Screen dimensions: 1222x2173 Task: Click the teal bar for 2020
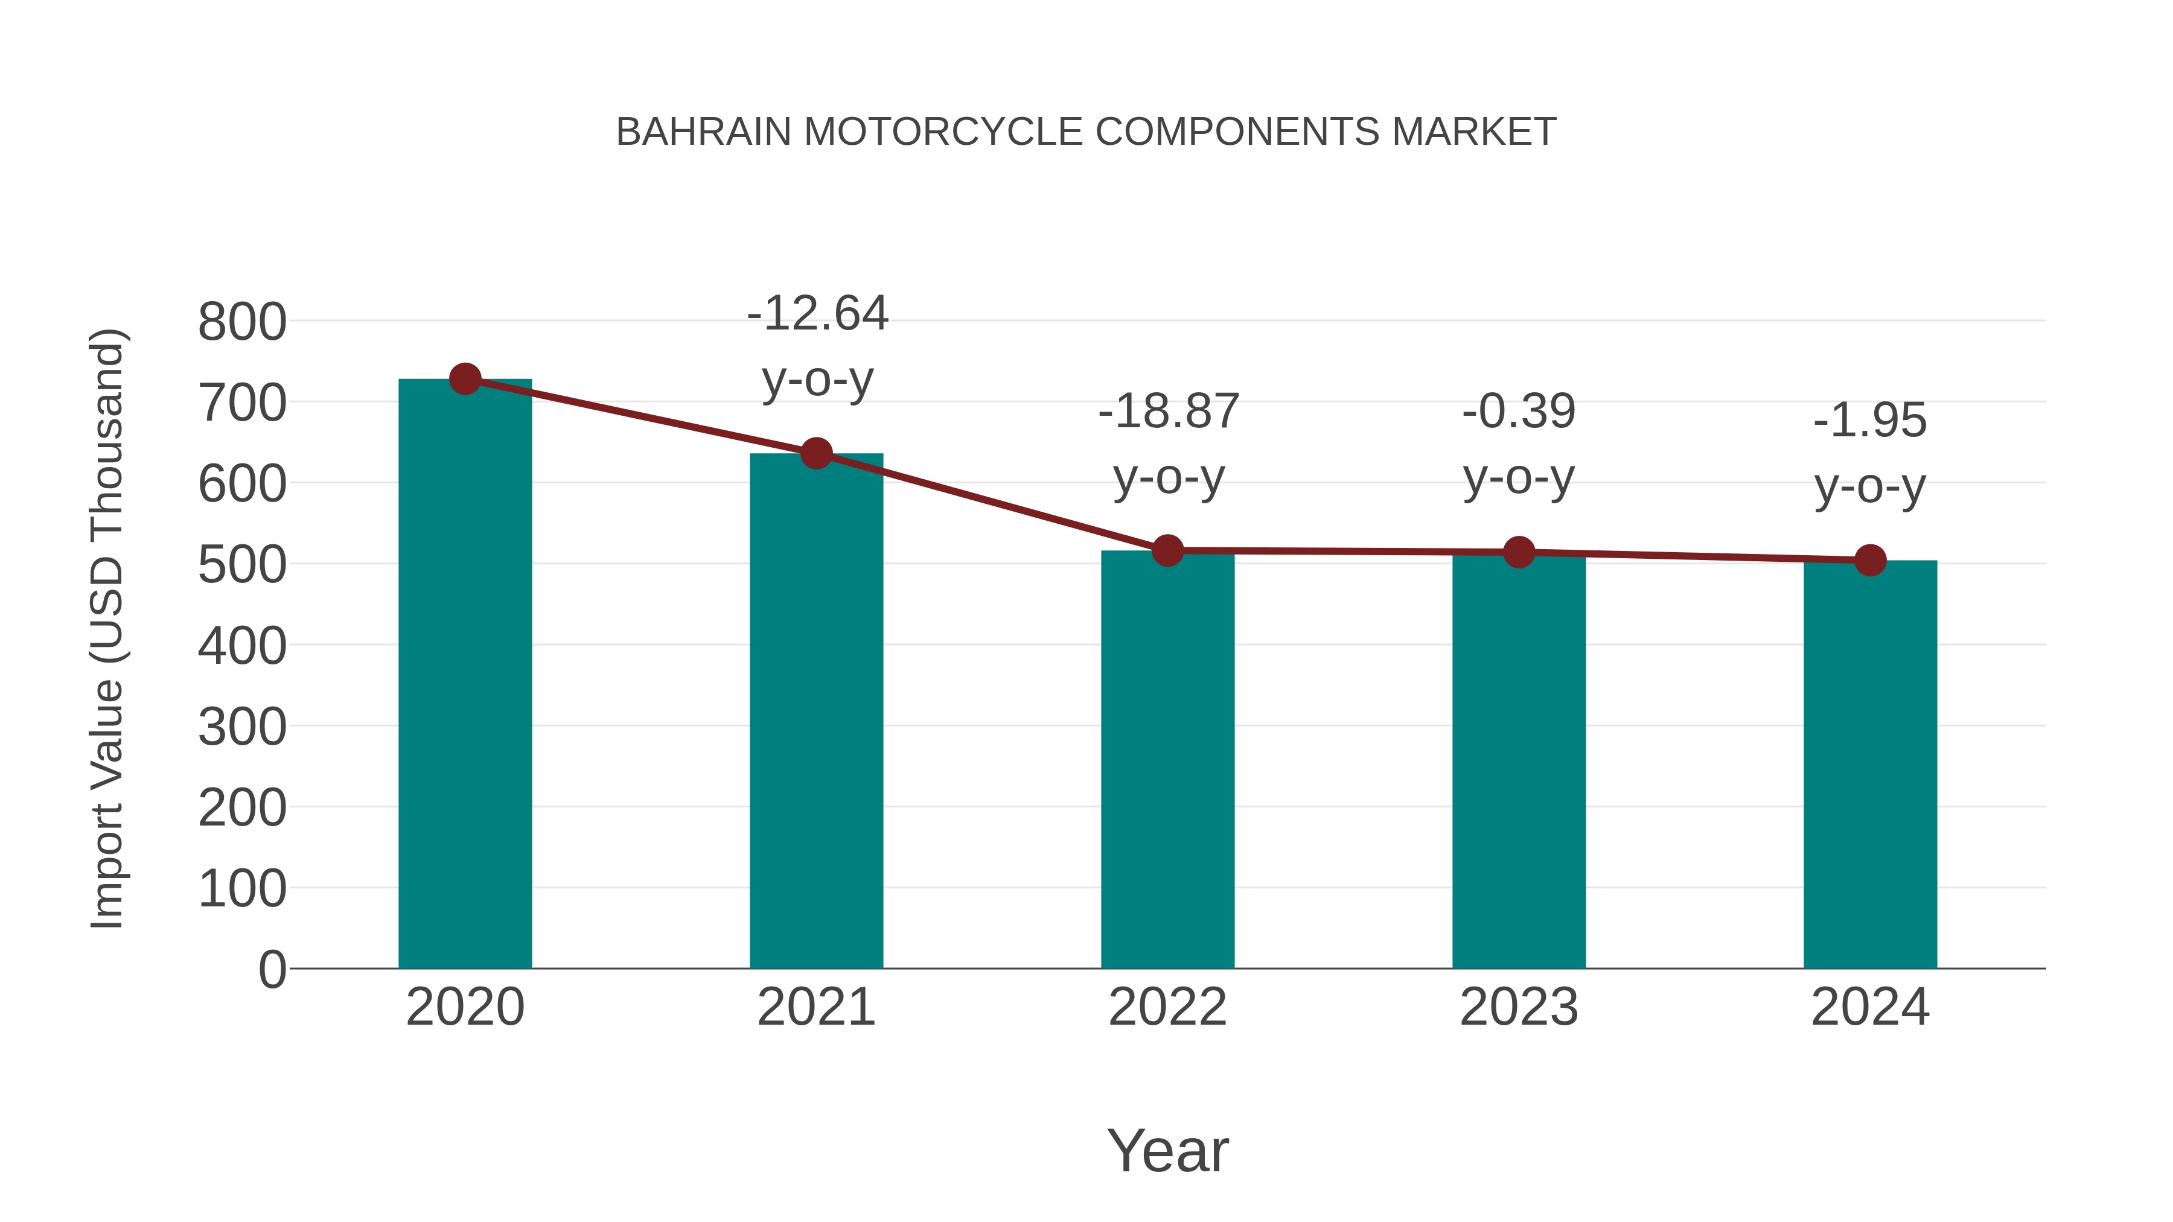tap(465, 675)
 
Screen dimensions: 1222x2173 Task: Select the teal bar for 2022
tap(1167, 759)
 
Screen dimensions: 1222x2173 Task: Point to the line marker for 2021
tap(815, 454)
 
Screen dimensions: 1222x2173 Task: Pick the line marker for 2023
tap(1519, 552)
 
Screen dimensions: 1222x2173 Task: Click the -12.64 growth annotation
tap(817, 314)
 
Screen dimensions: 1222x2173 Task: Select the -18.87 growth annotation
tap(1169, 412)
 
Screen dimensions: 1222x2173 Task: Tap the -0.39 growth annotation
tap(1519, 412)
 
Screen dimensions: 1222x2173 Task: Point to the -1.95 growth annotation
tap(1870, 420)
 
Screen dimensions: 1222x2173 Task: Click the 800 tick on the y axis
tap(242, 322)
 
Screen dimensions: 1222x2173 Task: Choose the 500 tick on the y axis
tap(242, 565)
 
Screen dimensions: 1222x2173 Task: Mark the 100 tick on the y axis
tap(242, 889)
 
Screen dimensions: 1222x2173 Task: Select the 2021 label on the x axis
tap(815, 1007)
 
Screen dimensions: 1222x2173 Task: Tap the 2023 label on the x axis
tap(1519, 1007)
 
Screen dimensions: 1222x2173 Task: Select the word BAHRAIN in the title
tap(704, 132)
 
